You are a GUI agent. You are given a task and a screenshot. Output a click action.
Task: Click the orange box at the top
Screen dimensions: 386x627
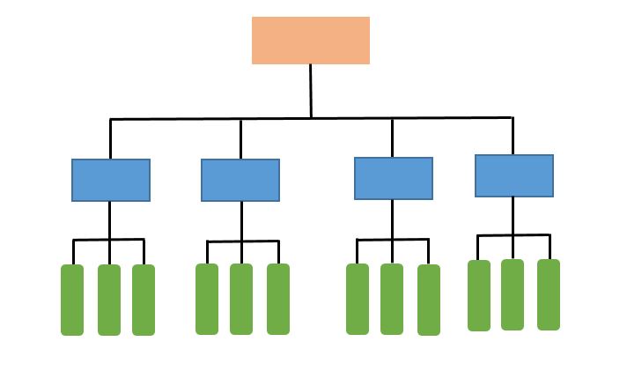tap(311, 41)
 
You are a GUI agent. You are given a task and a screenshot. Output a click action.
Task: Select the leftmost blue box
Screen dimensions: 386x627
tap(111, 180)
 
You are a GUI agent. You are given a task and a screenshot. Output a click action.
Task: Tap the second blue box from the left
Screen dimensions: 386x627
tap(240, 180)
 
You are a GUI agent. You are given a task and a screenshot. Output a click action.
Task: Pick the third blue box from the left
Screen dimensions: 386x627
tap(394, 178)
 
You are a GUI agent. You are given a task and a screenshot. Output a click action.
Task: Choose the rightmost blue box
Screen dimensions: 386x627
tap(514, 175)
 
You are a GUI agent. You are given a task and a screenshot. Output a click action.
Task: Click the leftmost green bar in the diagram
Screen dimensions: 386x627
tap(72, 300)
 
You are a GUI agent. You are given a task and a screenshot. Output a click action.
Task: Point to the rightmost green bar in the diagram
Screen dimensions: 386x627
tap(549, 294)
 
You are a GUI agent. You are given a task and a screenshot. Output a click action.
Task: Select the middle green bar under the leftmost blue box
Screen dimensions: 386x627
tap(109, 300)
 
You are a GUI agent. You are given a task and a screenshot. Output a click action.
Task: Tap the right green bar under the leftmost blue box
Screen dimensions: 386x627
tap(144, 300)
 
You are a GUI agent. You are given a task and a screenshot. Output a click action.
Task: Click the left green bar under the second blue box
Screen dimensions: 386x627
tap(207, 299)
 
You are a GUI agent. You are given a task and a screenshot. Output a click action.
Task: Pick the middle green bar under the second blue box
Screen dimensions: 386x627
tap(241, 299)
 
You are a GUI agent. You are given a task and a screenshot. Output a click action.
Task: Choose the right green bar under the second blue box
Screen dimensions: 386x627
tap(278, 299)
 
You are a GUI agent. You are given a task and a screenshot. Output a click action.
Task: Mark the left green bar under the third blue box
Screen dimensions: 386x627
tap(358, 299)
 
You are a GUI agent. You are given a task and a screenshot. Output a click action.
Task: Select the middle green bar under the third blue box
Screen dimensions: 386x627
tap(392, 299)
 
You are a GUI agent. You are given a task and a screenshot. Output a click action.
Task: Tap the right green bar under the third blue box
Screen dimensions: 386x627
tap(429, 300)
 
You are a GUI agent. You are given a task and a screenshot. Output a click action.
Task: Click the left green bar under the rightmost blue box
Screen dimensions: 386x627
tap(479, 295)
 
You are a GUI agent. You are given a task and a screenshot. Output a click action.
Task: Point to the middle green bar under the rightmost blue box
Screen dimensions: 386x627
tap(513, 294)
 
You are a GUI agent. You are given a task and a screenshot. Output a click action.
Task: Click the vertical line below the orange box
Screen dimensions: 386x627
tap(311, 90)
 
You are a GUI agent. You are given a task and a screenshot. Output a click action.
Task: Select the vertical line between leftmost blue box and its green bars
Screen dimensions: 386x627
tap(110, 219)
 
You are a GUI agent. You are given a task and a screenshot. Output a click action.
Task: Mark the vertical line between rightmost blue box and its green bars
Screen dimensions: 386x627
tap(513, 215)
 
